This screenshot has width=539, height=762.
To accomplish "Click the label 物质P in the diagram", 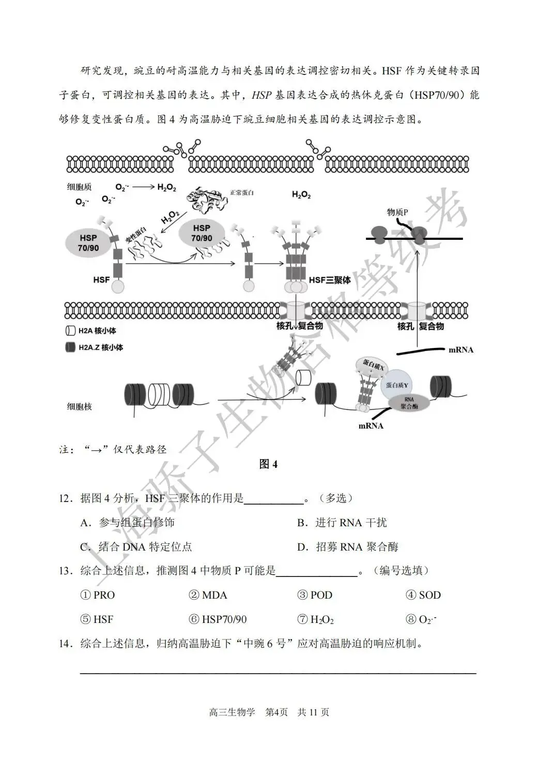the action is [397, 212].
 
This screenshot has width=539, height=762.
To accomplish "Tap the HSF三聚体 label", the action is [330, 280].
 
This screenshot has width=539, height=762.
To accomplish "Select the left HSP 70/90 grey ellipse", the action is [88, 242].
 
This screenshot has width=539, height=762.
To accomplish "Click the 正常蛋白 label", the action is [242, 193].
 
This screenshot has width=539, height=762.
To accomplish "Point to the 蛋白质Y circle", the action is [397, 385].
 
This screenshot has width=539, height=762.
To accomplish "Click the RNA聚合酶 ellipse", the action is [409, 403].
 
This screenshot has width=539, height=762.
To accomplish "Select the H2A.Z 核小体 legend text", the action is [101, 347].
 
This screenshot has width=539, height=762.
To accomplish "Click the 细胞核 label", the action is [79, 406].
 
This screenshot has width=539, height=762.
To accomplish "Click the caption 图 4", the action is [268, 464].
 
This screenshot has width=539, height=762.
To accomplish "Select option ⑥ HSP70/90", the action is [218, 619].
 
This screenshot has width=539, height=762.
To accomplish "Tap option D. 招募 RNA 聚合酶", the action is [347, 547].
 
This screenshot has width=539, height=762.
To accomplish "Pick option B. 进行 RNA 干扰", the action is [342, 523].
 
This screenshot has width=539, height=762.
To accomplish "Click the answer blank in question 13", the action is [317, 572].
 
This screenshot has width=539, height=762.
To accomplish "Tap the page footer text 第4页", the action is [276, 712].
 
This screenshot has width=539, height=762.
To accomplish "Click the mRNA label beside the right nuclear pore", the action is [460, 349].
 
